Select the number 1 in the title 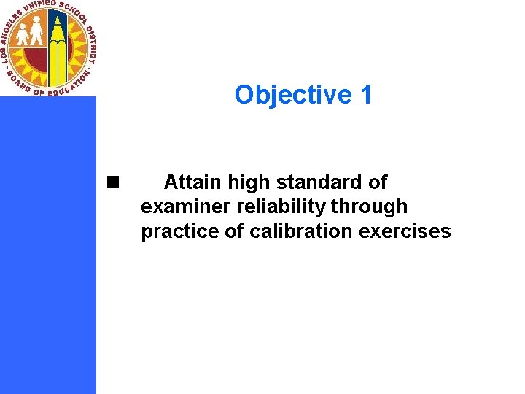(365, 95)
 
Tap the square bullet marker (112, 182)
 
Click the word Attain (193, 182)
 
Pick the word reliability (281, 206)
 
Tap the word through (369, 206)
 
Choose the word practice (182, 231)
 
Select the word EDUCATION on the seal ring (69, 86)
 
